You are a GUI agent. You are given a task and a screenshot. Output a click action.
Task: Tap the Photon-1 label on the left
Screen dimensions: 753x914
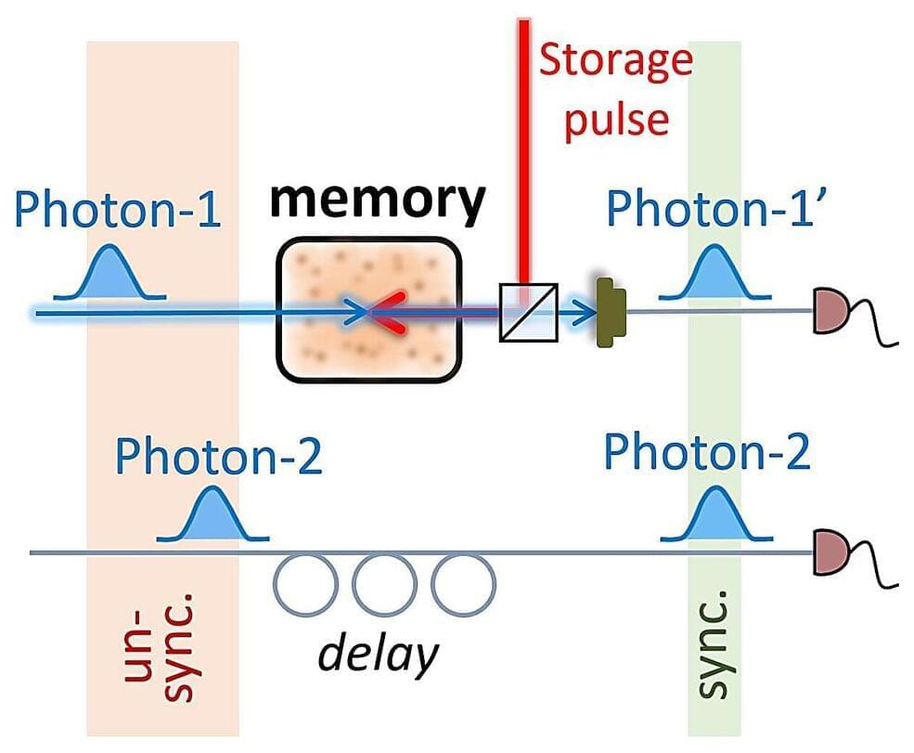(x=119, y=211)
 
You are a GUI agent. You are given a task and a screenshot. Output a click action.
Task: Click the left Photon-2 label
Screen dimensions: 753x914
(x=218, y=457)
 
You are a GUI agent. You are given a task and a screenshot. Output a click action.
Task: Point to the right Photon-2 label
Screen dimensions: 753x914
(x=707, y=452)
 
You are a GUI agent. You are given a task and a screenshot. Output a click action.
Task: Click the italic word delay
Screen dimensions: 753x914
(x=378, y=655)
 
